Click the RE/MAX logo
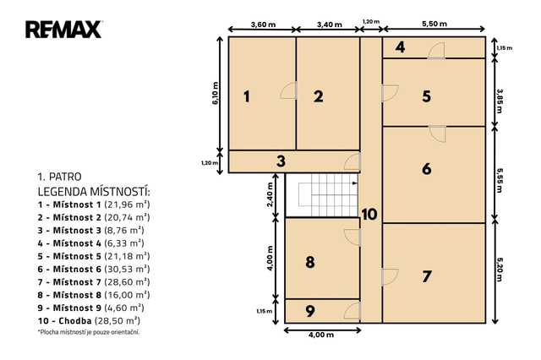pyautogui.click(x=64, y=30)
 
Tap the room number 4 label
pyautogui.click(x=400, y=47)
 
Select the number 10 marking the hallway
pyautogui.click(x=369, y=214)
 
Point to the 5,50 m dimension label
pyautogui.click(x=434, y=24)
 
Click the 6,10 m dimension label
pyautogui.click(x=216, y=93)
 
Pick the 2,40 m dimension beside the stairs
pyautogui.click(x=270, y=195)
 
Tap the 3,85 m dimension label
pyautogui.click(x=500, y=101)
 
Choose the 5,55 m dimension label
pyautogui.click(x=500, y=180)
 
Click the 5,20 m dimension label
pyautogui.click(x=500, y=269)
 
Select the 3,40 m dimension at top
pyautogui.click(x=329, y=25)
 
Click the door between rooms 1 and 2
pyautogui.click(x=289, y=90)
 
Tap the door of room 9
pyautogui.click(x=352, y=310)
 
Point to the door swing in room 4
pyautogui.click(x=436, y=51)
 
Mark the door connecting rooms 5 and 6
pyautogui.click(x=437, y=134)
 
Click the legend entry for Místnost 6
pyautogui.click(x=94, y=269)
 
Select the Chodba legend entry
pyautogui.click(x=89, y=320)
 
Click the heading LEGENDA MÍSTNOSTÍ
pyautogui.click(x=94, y=191)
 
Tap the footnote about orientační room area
pyautogui.click(x=89, y=332)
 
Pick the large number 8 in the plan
pyautogui.click(x=310, y=262)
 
